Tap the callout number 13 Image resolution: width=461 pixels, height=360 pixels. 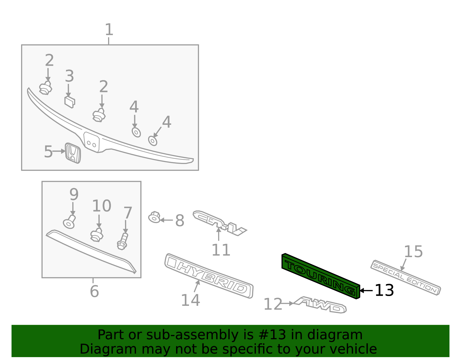384,290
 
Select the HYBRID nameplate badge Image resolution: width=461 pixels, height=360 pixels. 209,276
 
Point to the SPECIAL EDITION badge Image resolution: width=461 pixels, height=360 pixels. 405,277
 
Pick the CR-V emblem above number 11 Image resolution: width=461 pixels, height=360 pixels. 219,223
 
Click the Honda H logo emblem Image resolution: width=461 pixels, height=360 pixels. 73,153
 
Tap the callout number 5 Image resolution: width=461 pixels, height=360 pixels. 48,152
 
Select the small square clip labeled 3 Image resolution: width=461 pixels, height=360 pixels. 69,102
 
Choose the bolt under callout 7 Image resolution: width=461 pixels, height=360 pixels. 122,242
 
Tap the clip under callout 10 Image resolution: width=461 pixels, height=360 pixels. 97,235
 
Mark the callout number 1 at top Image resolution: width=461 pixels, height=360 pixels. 109,30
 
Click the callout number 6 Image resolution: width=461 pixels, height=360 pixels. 94,291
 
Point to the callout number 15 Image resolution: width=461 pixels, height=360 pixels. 413,252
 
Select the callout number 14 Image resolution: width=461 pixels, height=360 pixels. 190,300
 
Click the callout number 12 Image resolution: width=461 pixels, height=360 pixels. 273,304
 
